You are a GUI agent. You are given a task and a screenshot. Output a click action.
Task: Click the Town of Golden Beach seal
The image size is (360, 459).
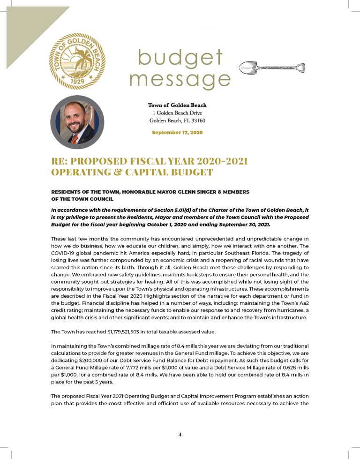click(x=78, y=61)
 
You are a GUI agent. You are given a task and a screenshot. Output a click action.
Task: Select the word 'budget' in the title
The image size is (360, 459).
click(x=180, y=59)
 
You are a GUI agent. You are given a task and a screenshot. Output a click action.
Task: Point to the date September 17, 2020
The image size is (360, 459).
click(x=177, y=133)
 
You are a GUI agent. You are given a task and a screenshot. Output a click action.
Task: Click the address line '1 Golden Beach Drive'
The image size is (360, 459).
click(x=177, y=113)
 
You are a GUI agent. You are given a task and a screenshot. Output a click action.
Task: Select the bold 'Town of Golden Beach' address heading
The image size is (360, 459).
click(x=177, y=105)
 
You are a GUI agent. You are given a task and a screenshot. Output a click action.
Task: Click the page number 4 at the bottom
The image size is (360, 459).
click(x=180, y=434)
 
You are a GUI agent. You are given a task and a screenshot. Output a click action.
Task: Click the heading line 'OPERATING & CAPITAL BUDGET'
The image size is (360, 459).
click(x=132, y=172)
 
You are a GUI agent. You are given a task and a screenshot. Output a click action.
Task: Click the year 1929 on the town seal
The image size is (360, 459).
click(x=77, y=79)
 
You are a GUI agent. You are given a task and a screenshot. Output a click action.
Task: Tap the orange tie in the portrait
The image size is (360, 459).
click(x=75, y=138)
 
